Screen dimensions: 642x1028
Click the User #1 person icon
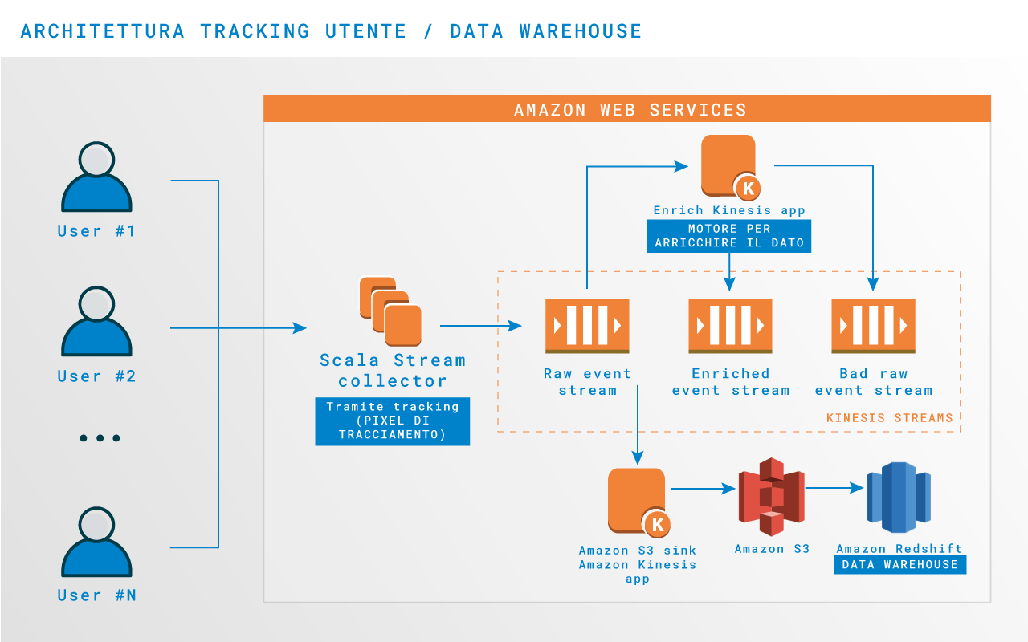(96, 177)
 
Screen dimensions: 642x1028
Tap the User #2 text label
(96, 376)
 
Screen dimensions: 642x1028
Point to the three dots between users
(100, 438)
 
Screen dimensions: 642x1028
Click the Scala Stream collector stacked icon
(390, 311)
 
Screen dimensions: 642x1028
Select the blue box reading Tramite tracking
(392, 421)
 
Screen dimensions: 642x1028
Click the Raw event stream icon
(587, 326)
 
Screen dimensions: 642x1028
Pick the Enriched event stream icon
(730, 326)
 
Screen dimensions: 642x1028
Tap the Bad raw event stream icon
(873, 326)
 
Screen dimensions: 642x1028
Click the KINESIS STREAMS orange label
(889, 418)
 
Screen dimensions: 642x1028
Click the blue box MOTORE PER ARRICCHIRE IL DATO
(729, 236)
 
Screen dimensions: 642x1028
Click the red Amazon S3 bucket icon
(771, 497)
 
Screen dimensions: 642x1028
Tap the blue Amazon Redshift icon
(899, 498)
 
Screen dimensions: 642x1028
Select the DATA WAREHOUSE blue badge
(899, 565)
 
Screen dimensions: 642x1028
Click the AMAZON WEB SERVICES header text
(630, 110)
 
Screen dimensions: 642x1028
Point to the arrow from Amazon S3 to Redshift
(834, 488)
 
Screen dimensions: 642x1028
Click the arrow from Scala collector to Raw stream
(480, 326)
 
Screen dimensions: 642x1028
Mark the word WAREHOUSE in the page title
(580, 31)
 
